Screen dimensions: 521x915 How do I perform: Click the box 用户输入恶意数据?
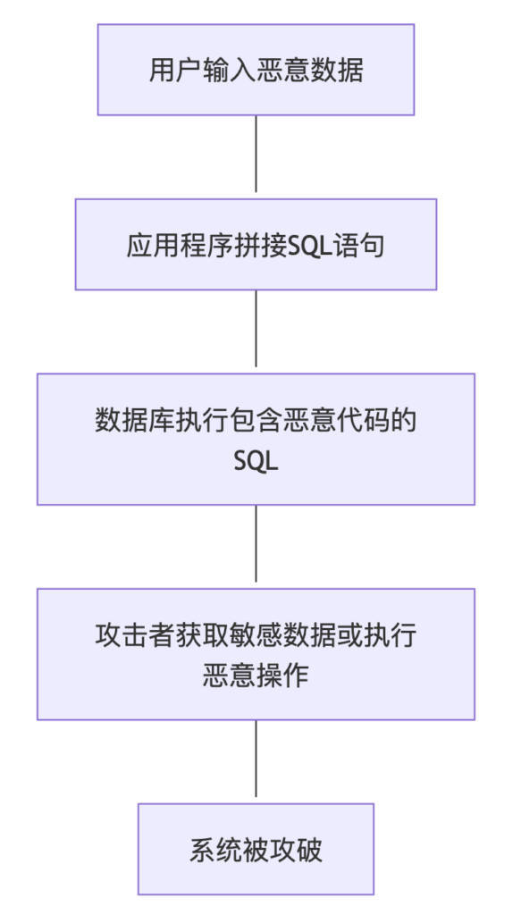click(x=256, y=70)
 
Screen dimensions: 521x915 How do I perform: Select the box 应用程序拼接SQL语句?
click(x=256, y=245)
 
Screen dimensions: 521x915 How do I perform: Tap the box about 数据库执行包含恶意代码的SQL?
click(x=256, y=439)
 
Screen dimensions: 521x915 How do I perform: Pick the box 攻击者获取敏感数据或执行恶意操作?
click(x=256, y=654)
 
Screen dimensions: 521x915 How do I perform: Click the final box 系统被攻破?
click(x=256, y=849)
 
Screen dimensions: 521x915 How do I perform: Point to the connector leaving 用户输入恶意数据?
click(x=256, y=154)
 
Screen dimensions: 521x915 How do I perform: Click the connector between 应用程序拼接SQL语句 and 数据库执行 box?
click(x=256, y=329)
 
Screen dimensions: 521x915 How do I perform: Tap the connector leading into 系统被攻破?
click(x=256, y=759)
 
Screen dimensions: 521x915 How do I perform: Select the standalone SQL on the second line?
click(x=256, y=462)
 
